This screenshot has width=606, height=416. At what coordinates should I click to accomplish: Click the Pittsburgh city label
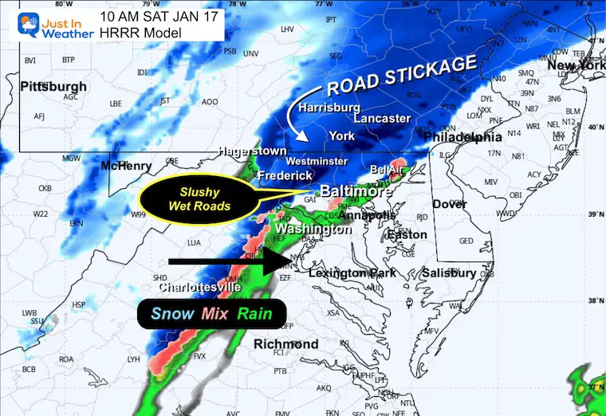click(x=53, y=86)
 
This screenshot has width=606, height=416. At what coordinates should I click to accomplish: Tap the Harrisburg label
click(x=330, y=108)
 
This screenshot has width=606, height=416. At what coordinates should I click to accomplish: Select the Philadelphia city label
click(x=463, y=137)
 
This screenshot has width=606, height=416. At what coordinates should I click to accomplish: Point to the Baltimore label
click(x=356, y=192)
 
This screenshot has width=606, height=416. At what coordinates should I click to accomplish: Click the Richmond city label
click(x=285, y=344)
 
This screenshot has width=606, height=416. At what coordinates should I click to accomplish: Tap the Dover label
click(x=450, y=204)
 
